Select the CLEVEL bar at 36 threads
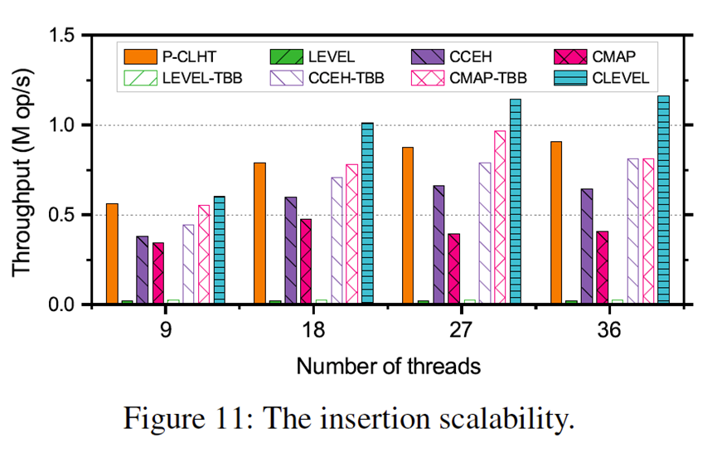click(662, 200)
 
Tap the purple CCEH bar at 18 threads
click(290, 251)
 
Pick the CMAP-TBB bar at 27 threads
click(500, 217)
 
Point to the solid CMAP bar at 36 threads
click(602, 267)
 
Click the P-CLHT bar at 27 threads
click(408, 226)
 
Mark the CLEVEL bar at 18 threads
click(367, 213)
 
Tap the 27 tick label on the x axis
click(461, 329)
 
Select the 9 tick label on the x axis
click(166, 329)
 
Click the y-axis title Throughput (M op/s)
click(22, 170)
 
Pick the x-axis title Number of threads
click(388, 365)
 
